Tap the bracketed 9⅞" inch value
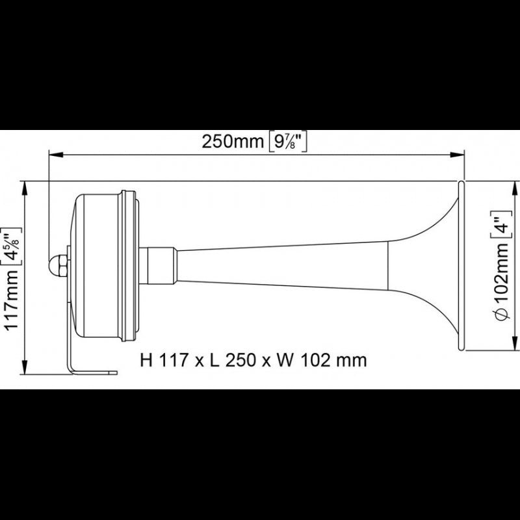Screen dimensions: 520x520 point(287,142)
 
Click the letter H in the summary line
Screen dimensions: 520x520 point(146,359)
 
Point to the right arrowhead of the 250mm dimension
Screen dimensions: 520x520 point(460,155)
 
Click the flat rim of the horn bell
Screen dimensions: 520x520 point(461,266)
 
